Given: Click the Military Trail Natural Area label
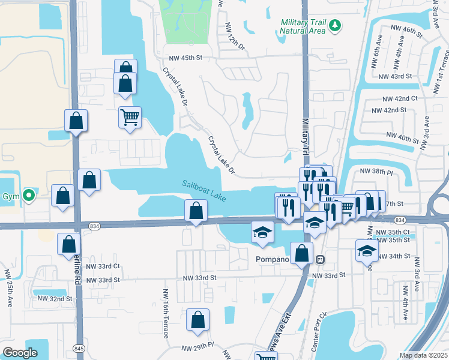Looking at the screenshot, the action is [x=303, y=27].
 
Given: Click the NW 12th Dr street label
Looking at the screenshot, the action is [x=235, y=38].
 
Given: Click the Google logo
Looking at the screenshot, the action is [x=20, y=353].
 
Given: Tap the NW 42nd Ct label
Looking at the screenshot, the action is [x=400, y=98].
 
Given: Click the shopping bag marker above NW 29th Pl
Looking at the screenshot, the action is [x=197, y=321].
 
